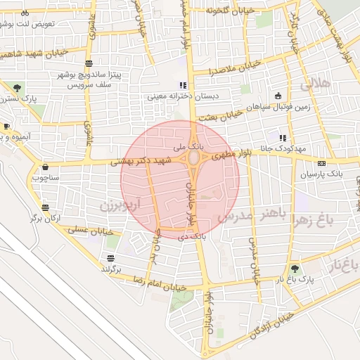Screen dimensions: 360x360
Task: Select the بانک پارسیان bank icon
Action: tap(322, 163)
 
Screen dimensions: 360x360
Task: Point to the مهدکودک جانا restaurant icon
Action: tap(283, 138)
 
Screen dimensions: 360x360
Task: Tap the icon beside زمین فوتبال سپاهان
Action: tap(278, 96)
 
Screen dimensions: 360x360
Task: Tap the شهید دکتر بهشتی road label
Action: tap(141, 162)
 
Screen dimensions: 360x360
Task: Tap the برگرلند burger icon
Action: tap(110, 257)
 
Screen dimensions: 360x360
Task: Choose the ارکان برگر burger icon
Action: tap(46, 207)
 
